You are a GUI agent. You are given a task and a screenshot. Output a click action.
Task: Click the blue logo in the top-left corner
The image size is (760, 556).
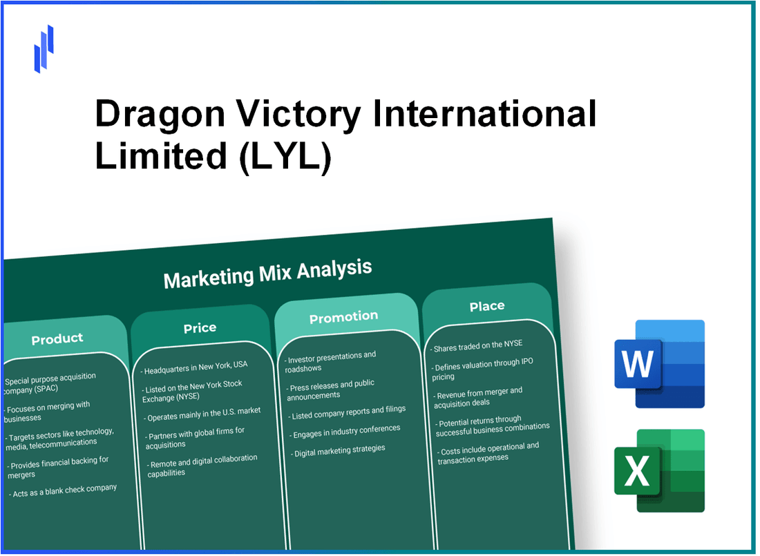pos(44,48)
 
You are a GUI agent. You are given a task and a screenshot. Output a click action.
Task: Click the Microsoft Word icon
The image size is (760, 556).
pos(659,364)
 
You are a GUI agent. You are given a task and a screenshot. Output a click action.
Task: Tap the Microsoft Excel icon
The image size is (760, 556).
pos(659,470)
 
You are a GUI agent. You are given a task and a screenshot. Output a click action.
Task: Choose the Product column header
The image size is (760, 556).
pos(57,338)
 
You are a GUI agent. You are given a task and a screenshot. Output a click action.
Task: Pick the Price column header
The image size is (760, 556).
pos(200,328)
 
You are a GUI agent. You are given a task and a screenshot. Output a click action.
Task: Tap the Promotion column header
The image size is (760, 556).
pos(343,317)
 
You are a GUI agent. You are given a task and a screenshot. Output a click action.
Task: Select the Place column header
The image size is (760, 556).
pos(487,306)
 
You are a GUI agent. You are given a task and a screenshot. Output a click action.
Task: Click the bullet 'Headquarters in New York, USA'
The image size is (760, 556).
pos(197,365)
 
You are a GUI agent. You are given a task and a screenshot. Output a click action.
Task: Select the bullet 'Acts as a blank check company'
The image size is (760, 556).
pos(64,490)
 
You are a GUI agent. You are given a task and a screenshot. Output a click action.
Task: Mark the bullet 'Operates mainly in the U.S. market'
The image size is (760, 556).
pos(203,412)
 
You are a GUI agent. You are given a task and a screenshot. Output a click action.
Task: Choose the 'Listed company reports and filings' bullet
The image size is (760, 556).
pos(346,410)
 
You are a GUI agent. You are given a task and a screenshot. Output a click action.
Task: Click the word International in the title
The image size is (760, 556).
pos(484,113)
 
